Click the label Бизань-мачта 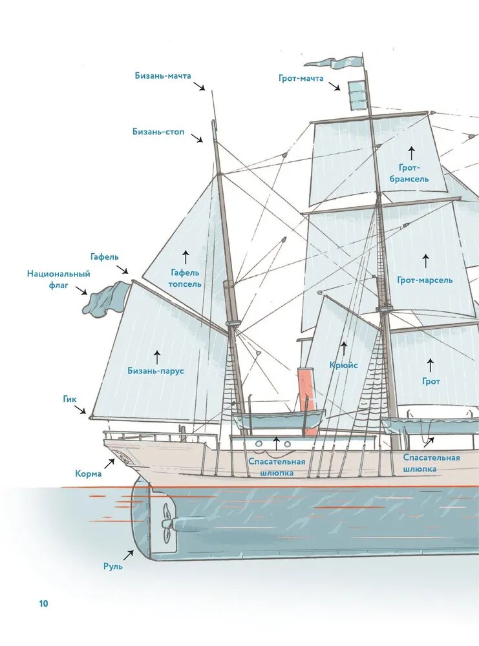pyautogui.click(x=163, y=76)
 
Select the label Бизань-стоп pyautogui.click(x=158, y=132)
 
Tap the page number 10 pyautogui.click(x=43, y=603)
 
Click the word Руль pyautogui.click(x=112, y=567)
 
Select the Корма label pyautogui.click(x=88, y=474)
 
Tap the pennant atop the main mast pyautogui.click(x=333, y=63)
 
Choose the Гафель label pyautogui.click(x=105, y=256)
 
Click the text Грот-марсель pyautogui.click(x=425, y=280)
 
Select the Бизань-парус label pyautogui.click(x=156, y=371)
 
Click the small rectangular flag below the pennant pyautogui.click(x=357, y=96)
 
